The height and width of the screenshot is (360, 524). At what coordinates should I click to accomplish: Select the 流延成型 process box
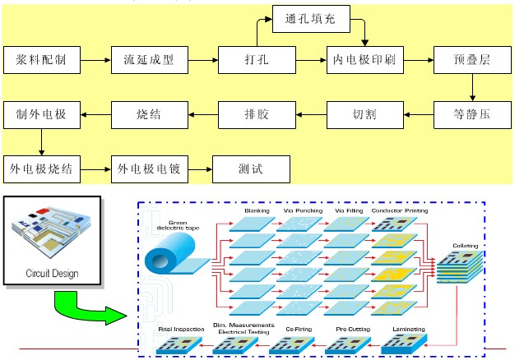coord(148,60)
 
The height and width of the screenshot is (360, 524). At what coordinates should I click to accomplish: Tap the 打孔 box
coord(256,60)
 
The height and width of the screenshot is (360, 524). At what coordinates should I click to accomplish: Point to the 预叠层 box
coord(472,60)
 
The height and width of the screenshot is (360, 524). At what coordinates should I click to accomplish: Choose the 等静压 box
coord(472,114)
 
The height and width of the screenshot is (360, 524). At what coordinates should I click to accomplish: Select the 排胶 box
coord(256,114)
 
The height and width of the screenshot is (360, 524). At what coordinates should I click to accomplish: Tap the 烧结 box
coord(148,114)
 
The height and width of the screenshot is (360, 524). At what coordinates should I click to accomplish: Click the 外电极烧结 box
coord(44,168)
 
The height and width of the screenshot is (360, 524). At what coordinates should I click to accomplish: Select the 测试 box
coord(252,168)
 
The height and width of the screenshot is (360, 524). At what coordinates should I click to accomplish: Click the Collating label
coord(465,246)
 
